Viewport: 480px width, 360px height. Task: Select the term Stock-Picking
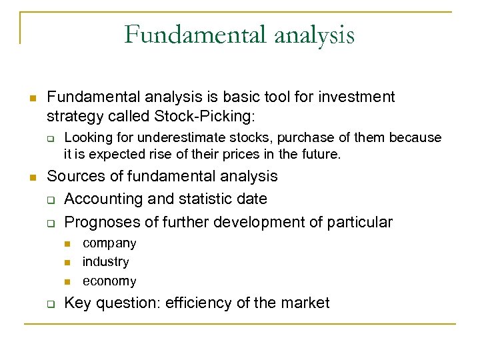[203, 116]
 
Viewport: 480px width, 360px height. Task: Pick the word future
[319, 155]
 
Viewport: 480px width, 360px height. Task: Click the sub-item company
[109, 243]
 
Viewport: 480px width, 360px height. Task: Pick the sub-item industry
[106, 262]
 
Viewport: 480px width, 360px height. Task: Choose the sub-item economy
[109, 281]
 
